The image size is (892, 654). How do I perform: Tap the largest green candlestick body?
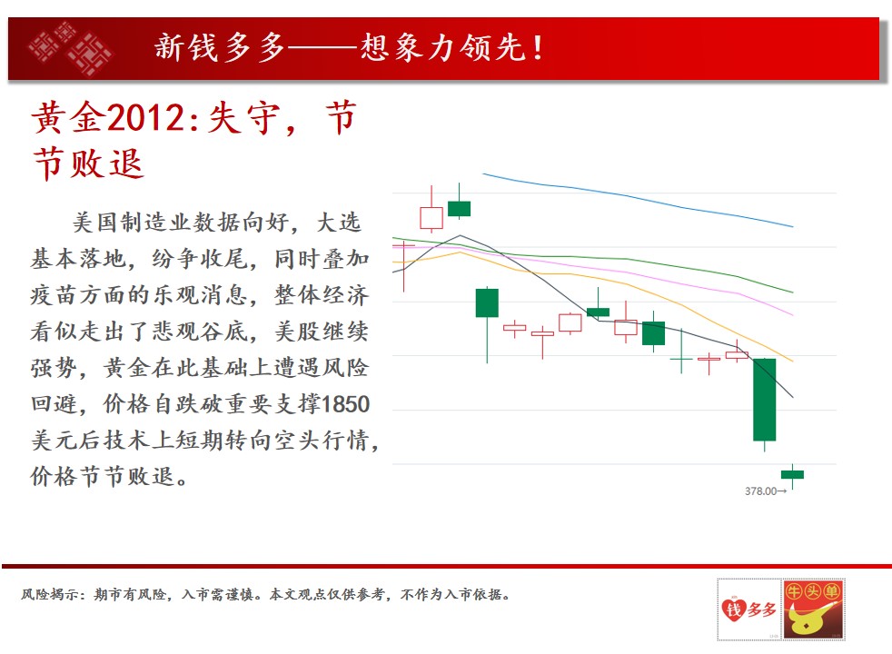coord(764,400)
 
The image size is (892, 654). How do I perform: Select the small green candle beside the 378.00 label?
coord(792,474)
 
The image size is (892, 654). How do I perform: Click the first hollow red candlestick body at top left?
coord(431,218)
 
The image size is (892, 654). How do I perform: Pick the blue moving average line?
coord(638,198)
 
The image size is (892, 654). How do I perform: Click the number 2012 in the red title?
coord(144,118)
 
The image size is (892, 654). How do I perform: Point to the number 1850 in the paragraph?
coord(345,404)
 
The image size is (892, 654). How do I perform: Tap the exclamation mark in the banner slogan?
coord(537,48)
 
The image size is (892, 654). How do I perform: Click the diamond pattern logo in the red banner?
coord(71,48)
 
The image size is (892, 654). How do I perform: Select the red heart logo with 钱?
coord(734,610)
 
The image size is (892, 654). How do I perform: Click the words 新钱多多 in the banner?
coord(220,47)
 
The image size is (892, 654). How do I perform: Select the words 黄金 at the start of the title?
coord(69,118)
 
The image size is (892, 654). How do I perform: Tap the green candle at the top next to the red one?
coord(459,209)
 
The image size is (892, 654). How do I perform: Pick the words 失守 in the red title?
coord(243,118)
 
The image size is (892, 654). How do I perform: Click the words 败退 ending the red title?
coord(107,163)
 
